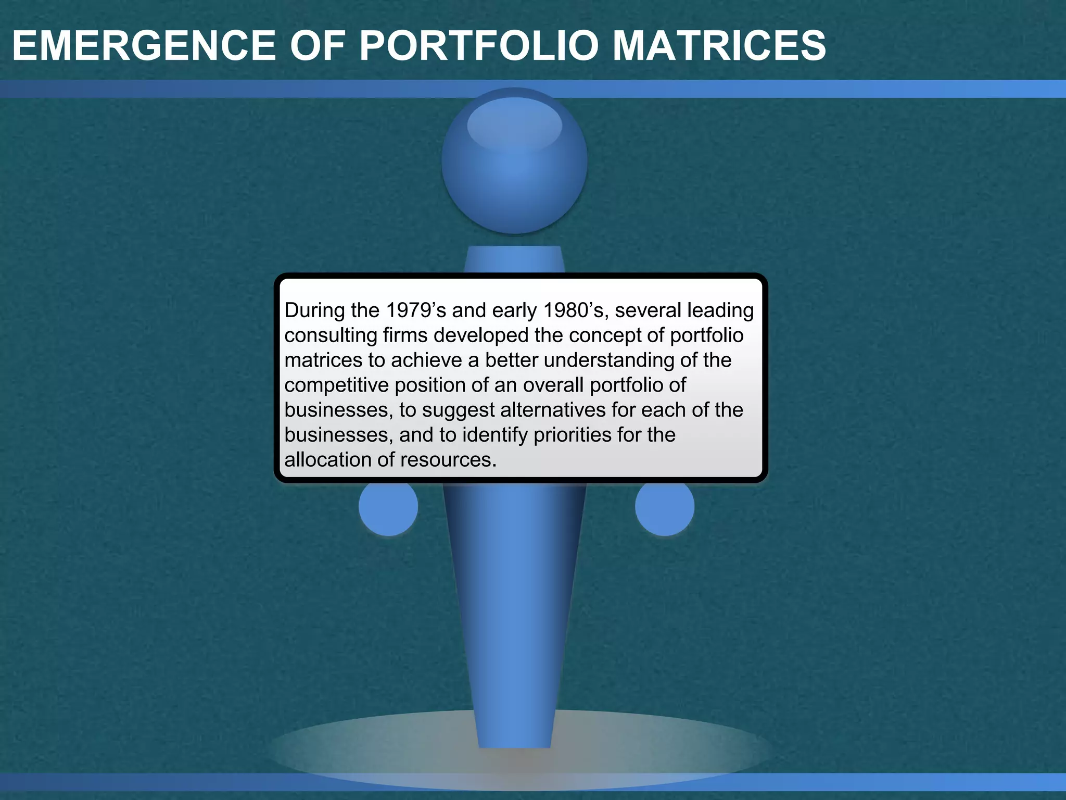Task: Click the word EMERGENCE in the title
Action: click(144, 46)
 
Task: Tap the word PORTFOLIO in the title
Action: click(478, 46)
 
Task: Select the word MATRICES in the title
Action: click(719, 46)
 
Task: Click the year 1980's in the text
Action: click(575, 310)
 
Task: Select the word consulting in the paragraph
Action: click(331, 335)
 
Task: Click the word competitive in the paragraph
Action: click(336, 385)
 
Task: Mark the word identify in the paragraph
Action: click(495, 435)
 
